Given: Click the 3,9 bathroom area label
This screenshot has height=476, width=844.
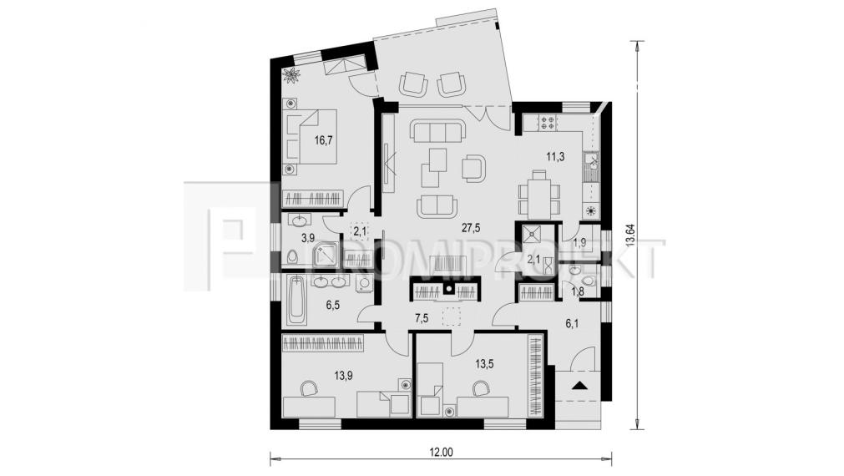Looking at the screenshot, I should (307, 238).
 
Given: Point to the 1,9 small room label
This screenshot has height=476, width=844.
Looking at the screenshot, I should (580, 243).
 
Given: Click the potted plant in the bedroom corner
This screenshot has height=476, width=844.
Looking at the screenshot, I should (291, 76).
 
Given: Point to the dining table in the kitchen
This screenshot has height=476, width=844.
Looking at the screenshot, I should (538, 194).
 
